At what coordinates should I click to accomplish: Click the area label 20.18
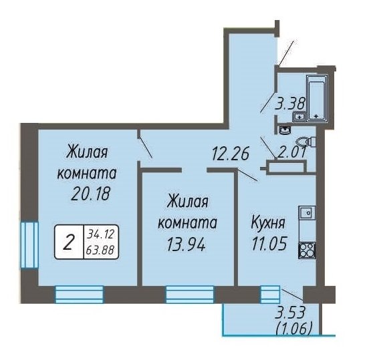click(90, 193)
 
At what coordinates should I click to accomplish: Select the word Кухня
click(268, 223)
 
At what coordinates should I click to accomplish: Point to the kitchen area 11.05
click(269, 244)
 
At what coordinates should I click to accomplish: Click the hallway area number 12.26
click(231, 154)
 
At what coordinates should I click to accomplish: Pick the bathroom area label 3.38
click(289, 104)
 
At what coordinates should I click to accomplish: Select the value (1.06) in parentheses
click(293, 329)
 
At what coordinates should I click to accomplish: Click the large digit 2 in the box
click(68, 242)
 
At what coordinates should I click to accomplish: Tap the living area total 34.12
click(100, 234)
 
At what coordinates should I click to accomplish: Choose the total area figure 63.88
click(100, 250)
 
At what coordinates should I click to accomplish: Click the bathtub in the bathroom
click(317, 99)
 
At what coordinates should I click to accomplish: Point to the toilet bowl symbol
click(306, 142)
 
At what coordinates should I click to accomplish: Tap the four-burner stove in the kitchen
click(307, 250)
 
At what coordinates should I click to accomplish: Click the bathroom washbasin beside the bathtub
click(299, 118)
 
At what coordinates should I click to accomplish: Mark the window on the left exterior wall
click(29, 244)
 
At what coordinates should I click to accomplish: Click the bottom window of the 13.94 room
click(190, 295)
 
